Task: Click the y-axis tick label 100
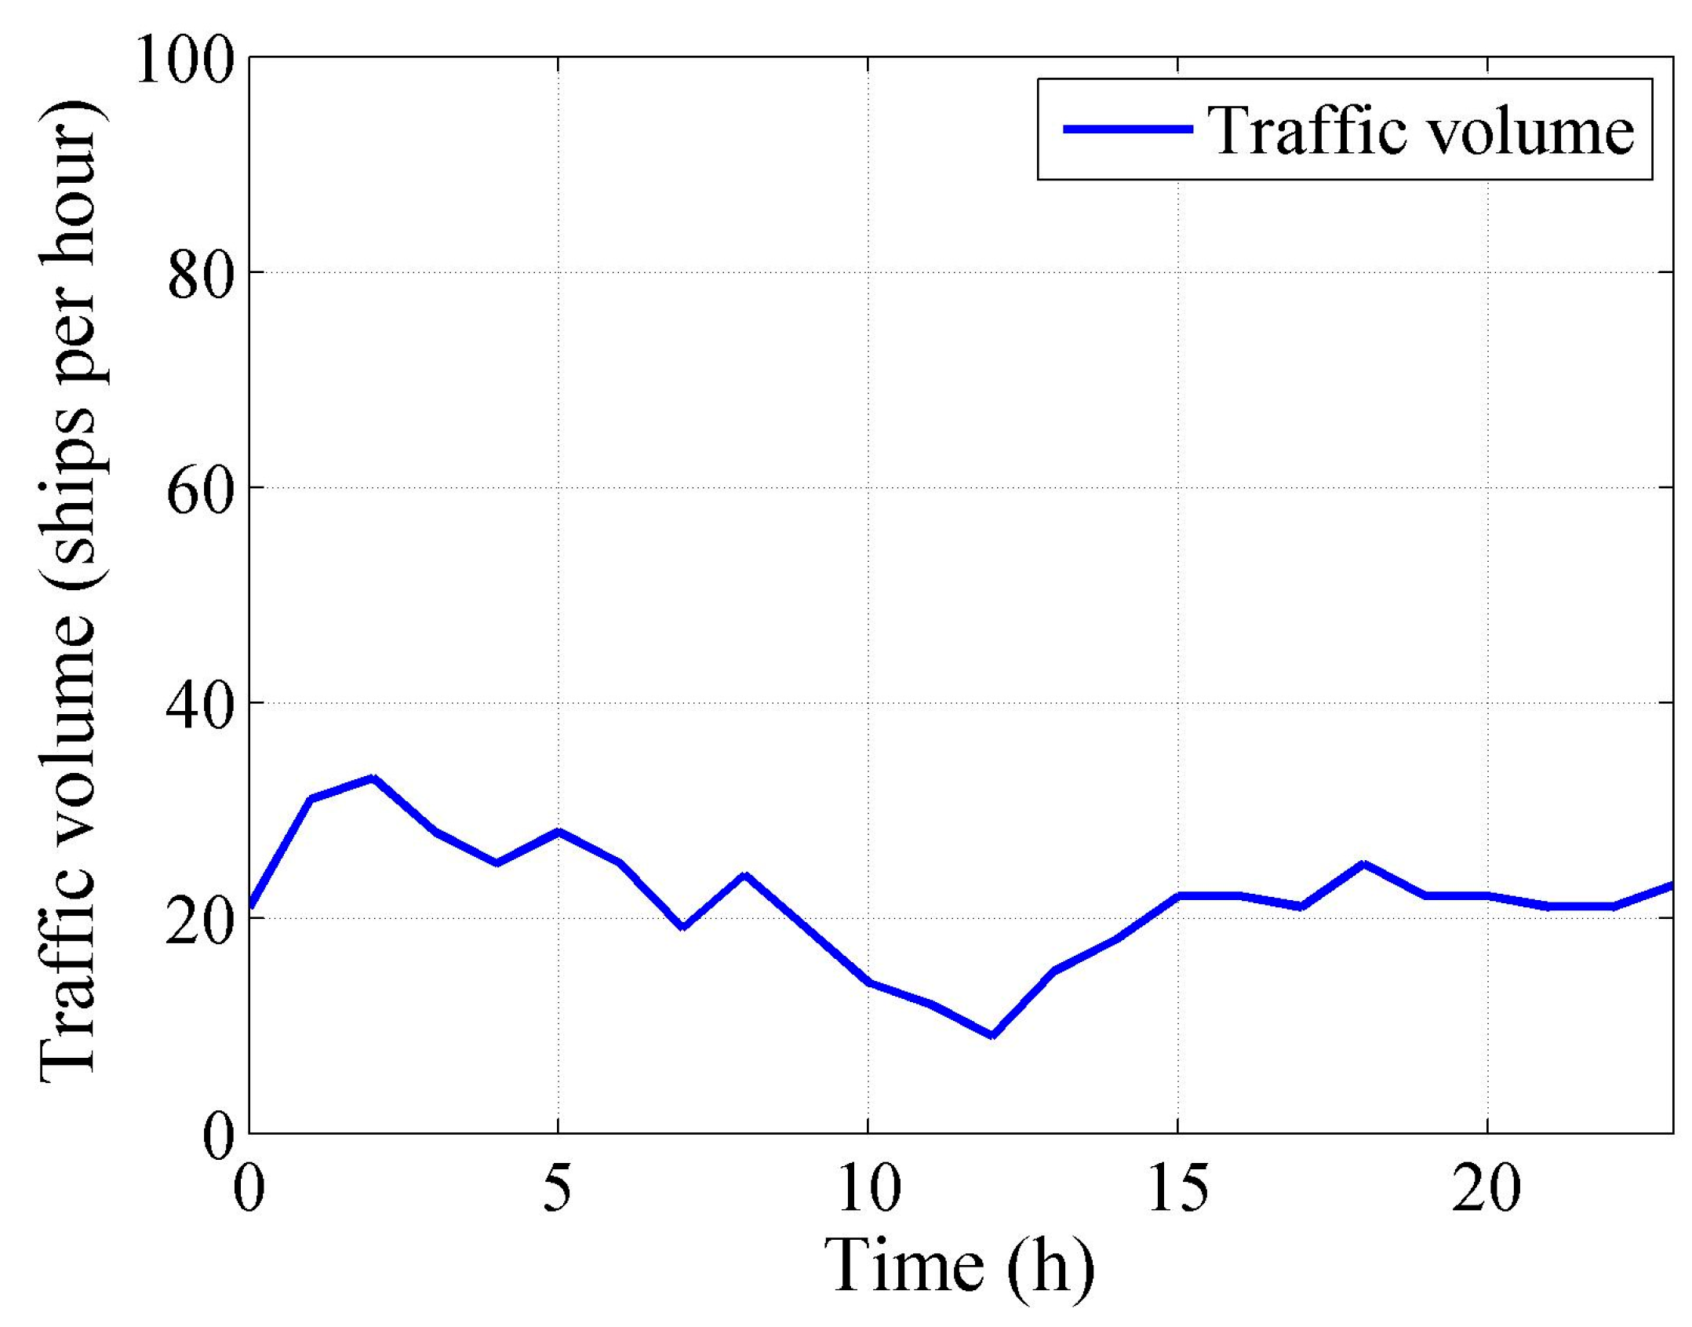(x=186, y=60)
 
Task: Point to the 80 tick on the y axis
(x=202, y=275)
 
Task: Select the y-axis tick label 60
(x=202, y=490)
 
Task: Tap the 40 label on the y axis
(x=202, y=705)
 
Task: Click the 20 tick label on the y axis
(x=202, y=920)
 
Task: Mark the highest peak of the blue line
(x=373, y=778)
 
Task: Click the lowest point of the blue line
(x=992, y=1036)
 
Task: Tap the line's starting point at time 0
(x=250, y=907)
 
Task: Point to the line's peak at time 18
(x=1363, y=865)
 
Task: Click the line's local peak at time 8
(x=745, y=875)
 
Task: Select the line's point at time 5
(x=559, y=832)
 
